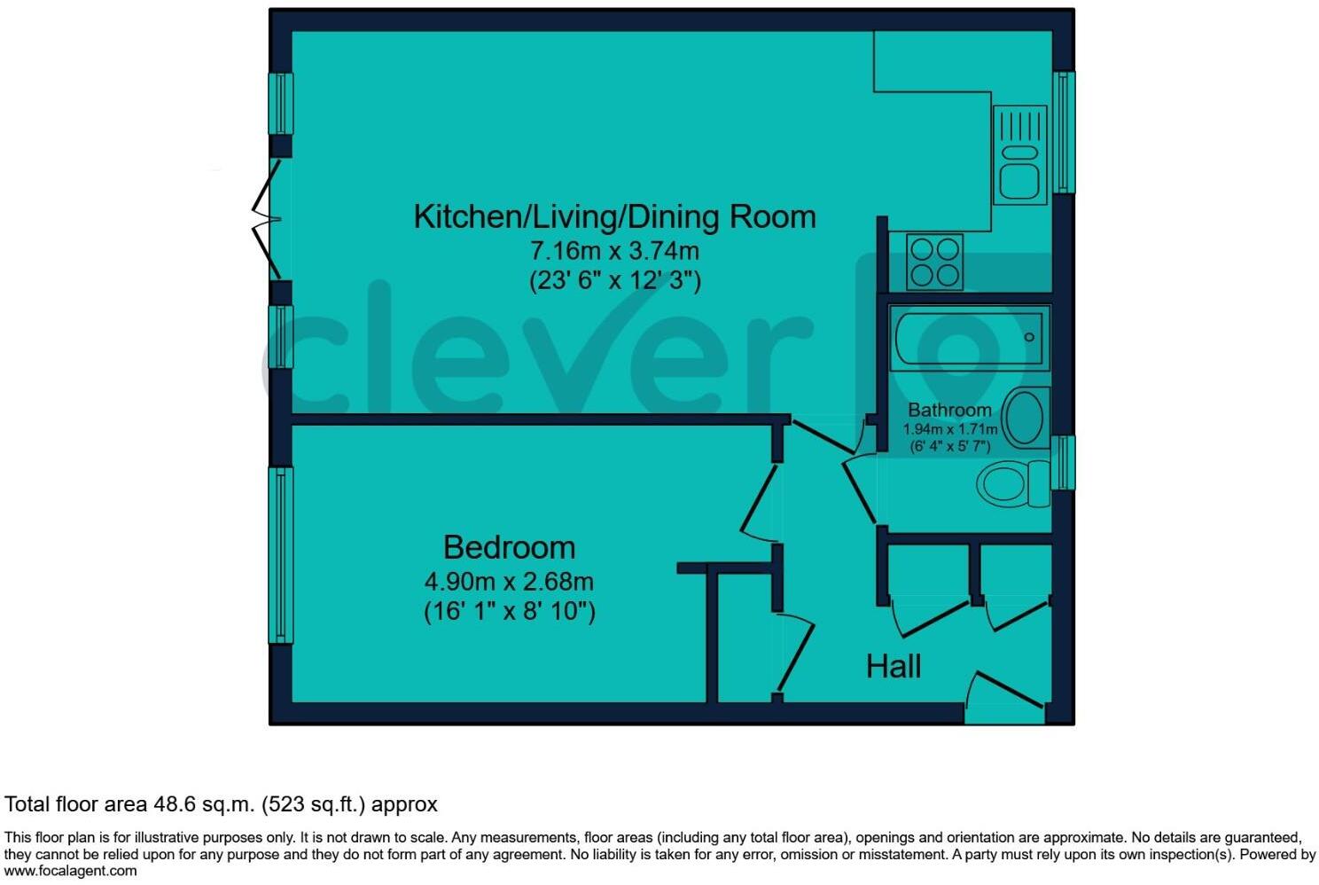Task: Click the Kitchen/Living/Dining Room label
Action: click(x=614, y=217)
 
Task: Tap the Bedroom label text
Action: click(x=509, y=547)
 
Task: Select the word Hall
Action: click(x=893, y=666)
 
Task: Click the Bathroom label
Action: click(x=949, y=410)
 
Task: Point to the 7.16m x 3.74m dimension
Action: click(x=614, y=251)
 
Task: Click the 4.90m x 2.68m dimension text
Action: click(x=509, y=582)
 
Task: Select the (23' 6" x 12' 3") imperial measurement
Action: click(x=614, y=281)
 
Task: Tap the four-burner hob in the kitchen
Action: click(x=934, y=262)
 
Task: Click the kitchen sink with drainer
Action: click(x=1019, y=155)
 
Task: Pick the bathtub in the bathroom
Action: click(x=969, y=338)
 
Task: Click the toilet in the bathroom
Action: click(x=1011, y=484)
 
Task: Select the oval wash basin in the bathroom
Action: click(x=1026, y=418)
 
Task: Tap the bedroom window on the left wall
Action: click(x=281, y=554)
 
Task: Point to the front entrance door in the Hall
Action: click(x=1006, y=696)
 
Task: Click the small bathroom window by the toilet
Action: click(x=1063, y=462)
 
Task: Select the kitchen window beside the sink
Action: click(x=1063, y=132)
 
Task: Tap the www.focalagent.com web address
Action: click(x=71, y=871)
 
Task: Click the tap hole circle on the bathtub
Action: click(x=1029, y=337)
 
